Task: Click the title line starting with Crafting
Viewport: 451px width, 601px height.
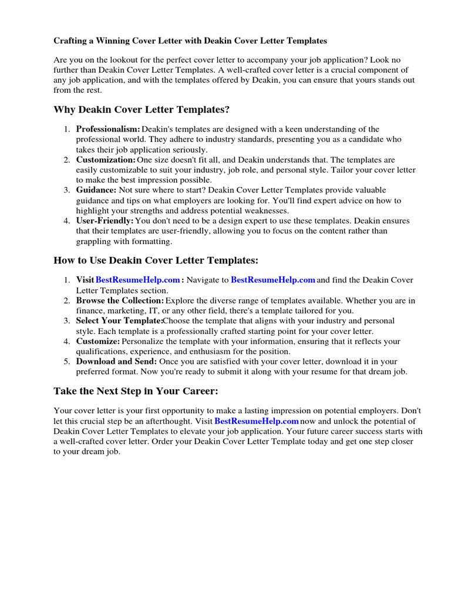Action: click(x=190, y=41)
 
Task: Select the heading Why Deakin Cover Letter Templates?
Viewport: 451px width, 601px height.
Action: click(x=142, y=110)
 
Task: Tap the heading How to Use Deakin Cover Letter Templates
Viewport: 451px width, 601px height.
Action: click(x=156, y=260)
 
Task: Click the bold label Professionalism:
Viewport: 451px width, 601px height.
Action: click(x=108, y=129)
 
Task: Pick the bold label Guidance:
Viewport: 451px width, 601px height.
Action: click(x=96, y=190)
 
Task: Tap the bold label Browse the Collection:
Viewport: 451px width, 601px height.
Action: click(x=120, y=300)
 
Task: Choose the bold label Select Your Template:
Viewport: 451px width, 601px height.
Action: click(x=119, y=321)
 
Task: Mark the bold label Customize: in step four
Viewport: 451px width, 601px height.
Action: click(x=98, y=341)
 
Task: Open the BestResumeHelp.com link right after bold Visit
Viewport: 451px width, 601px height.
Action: click(x=138, y=281)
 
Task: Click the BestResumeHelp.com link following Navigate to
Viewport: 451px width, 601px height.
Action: click(x=273, y=281)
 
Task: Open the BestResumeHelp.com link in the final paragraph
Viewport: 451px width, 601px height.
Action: click(x=257, y=421)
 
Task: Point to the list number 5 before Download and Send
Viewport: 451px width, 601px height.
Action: click(x=68, y=362)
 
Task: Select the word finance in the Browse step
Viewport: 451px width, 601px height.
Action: click(x=89, y=310)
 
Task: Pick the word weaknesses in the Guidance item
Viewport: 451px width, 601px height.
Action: click(x=267, y=210)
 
